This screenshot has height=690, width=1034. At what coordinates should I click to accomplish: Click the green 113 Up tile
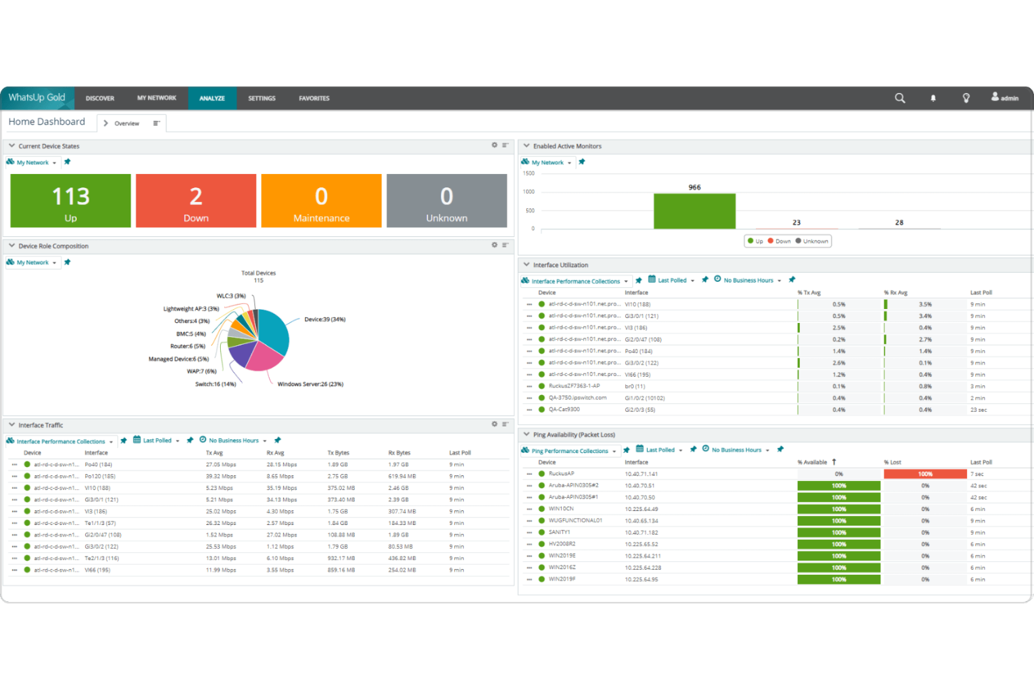pos(71,201)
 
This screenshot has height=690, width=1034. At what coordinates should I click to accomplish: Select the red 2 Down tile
pos(196,201)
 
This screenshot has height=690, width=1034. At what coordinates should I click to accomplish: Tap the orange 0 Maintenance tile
pos(321,201)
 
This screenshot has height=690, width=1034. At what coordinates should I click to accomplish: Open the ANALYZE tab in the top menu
pos(212,99)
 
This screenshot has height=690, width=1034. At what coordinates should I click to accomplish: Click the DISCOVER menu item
pos(100,99)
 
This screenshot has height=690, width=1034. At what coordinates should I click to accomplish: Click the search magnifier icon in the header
pos(900,99)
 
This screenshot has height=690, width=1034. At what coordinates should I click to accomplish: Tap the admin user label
pos(1009,99)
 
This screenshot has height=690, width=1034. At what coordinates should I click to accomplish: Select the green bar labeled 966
pos(694,210)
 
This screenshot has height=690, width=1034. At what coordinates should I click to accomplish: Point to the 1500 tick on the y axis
pos(529,173)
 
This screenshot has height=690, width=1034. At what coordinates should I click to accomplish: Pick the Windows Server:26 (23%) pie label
pos(310,384)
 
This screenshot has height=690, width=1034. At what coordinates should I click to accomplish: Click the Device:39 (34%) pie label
pos(325,319)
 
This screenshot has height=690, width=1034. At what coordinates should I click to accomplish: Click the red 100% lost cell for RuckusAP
pos(925,474)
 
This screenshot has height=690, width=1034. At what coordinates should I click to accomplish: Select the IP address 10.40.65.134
pos(641,521)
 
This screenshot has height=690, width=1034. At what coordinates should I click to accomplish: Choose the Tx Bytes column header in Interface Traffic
pos(338,453)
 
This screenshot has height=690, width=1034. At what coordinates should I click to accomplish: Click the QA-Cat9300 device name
pos(564,410)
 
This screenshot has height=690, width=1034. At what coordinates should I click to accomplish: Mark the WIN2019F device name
pos(562,580)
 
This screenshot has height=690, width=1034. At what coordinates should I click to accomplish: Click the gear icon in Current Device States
pos(495,145)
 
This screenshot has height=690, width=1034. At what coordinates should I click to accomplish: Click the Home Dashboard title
pos(47,122)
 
